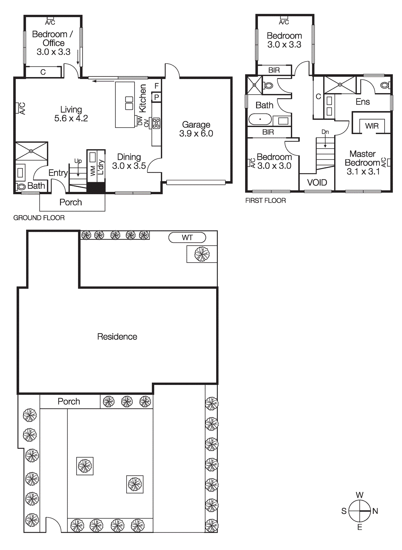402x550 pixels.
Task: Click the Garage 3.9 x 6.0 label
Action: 196,129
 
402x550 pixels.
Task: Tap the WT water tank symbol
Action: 187,238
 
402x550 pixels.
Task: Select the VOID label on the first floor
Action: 317,183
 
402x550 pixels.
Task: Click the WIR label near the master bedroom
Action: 372,126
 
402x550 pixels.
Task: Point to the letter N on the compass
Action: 375,511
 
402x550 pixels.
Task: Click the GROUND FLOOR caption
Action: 39,218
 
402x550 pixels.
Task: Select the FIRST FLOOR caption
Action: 265,201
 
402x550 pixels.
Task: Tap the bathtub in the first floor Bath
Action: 260,119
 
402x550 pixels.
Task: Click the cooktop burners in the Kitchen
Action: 156,123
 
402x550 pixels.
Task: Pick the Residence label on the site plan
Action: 117,337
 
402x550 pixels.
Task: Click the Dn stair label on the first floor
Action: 325,132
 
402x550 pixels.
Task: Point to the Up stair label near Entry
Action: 78,161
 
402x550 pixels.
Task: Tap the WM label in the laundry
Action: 93,171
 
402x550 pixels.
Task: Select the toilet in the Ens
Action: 385,85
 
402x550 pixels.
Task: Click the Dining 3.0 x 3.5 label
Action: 129,162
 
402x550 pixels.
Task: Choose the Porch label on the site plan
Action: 69,401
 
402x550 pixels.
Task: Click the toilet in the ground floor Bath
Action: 21,187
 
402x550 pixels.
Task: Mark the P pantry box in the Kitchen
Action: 157,97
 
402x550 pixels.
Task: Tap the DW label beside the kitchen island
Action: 140,121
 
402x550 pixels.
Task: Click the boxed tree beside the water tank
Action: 202,254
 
